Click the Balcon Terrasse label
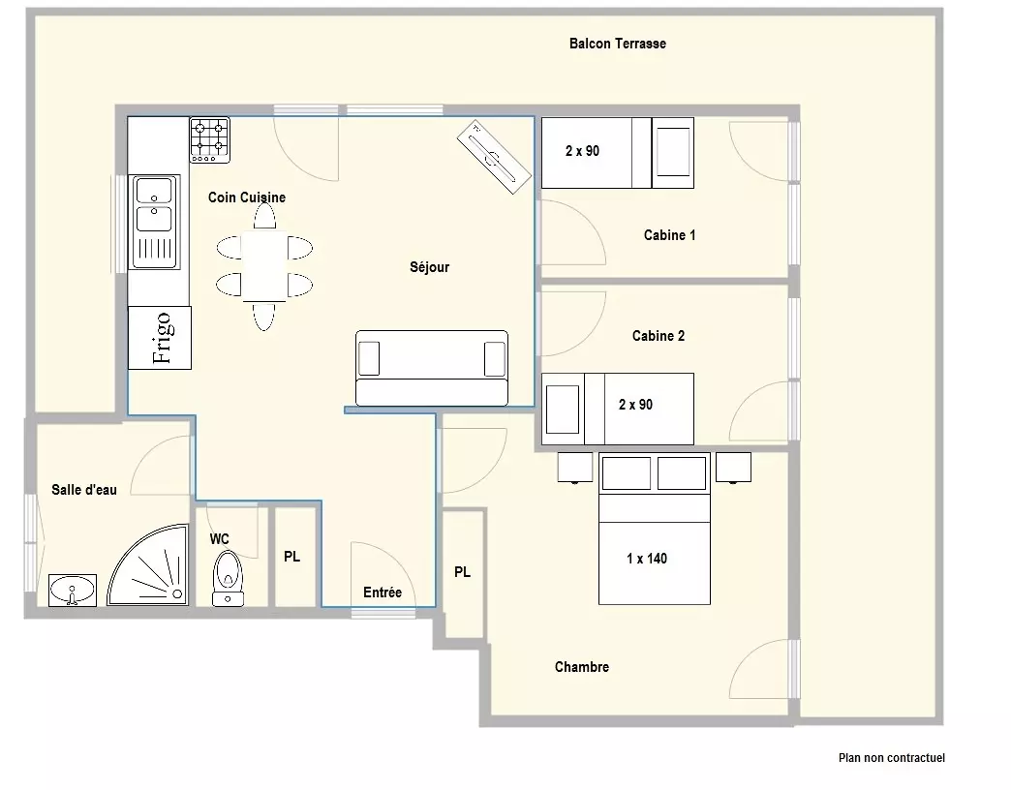click(x=617, y=44)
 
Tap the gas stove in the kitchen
click(x=209, y=139)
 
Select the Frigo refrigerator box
click(x=159, y=338)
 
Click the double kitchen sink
click(x=155, y=222)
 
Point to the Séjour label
click(x=429, y=267)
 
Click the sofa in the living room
click(x=431, y=369)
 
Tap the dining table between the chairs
click(x=263, y=266)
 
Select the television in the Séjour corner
click(x=495, y=156)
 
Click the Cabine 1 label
click(x=669, y=235)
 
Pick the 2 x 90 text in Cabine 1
click(x=582, y=151)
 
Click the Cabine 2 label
click(x=659, y=336)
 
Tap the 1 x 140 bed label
click(x=647, y=559)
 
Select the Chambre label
click(x=582, y=667)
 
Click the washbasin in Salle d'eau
click(x=73, y=591)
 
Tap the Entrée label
click(x=383, y=592)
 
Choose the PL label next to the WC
click(x=292, y=556)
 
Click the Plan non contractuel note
click(x=892, y=758)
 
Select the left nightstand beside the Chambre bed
click(x=575, y=468)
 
